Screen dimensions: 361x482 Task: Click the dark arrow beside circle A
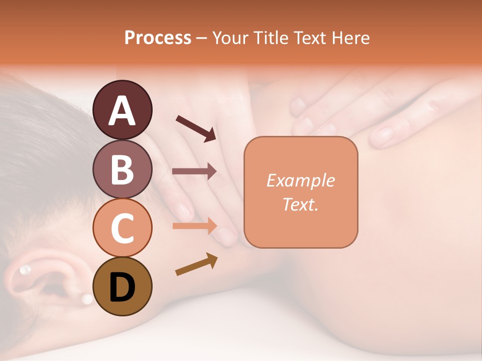click(196, 128)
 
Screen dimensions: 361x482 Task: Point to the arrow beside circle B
click(194, 171)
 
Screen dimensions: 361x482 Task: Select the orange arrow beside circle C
click(194, 226)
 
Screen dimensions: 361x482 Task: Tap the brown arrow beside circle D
click(196, 264)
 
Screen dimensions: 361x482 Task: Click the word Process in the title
click(158, 38)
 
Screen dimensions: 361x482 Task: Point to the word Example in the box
click(300, 180)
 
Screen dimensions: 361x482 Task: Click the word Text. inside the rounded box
click(300, 204)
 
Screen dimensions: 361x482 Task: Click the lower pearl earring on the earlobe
click(87, 299)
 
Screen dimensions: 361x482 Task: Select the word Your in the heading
click(229, 38)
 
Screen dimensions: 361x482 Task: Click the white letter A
click(123, 110)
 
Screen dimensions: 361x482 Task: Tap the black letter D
click(123, 287)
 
